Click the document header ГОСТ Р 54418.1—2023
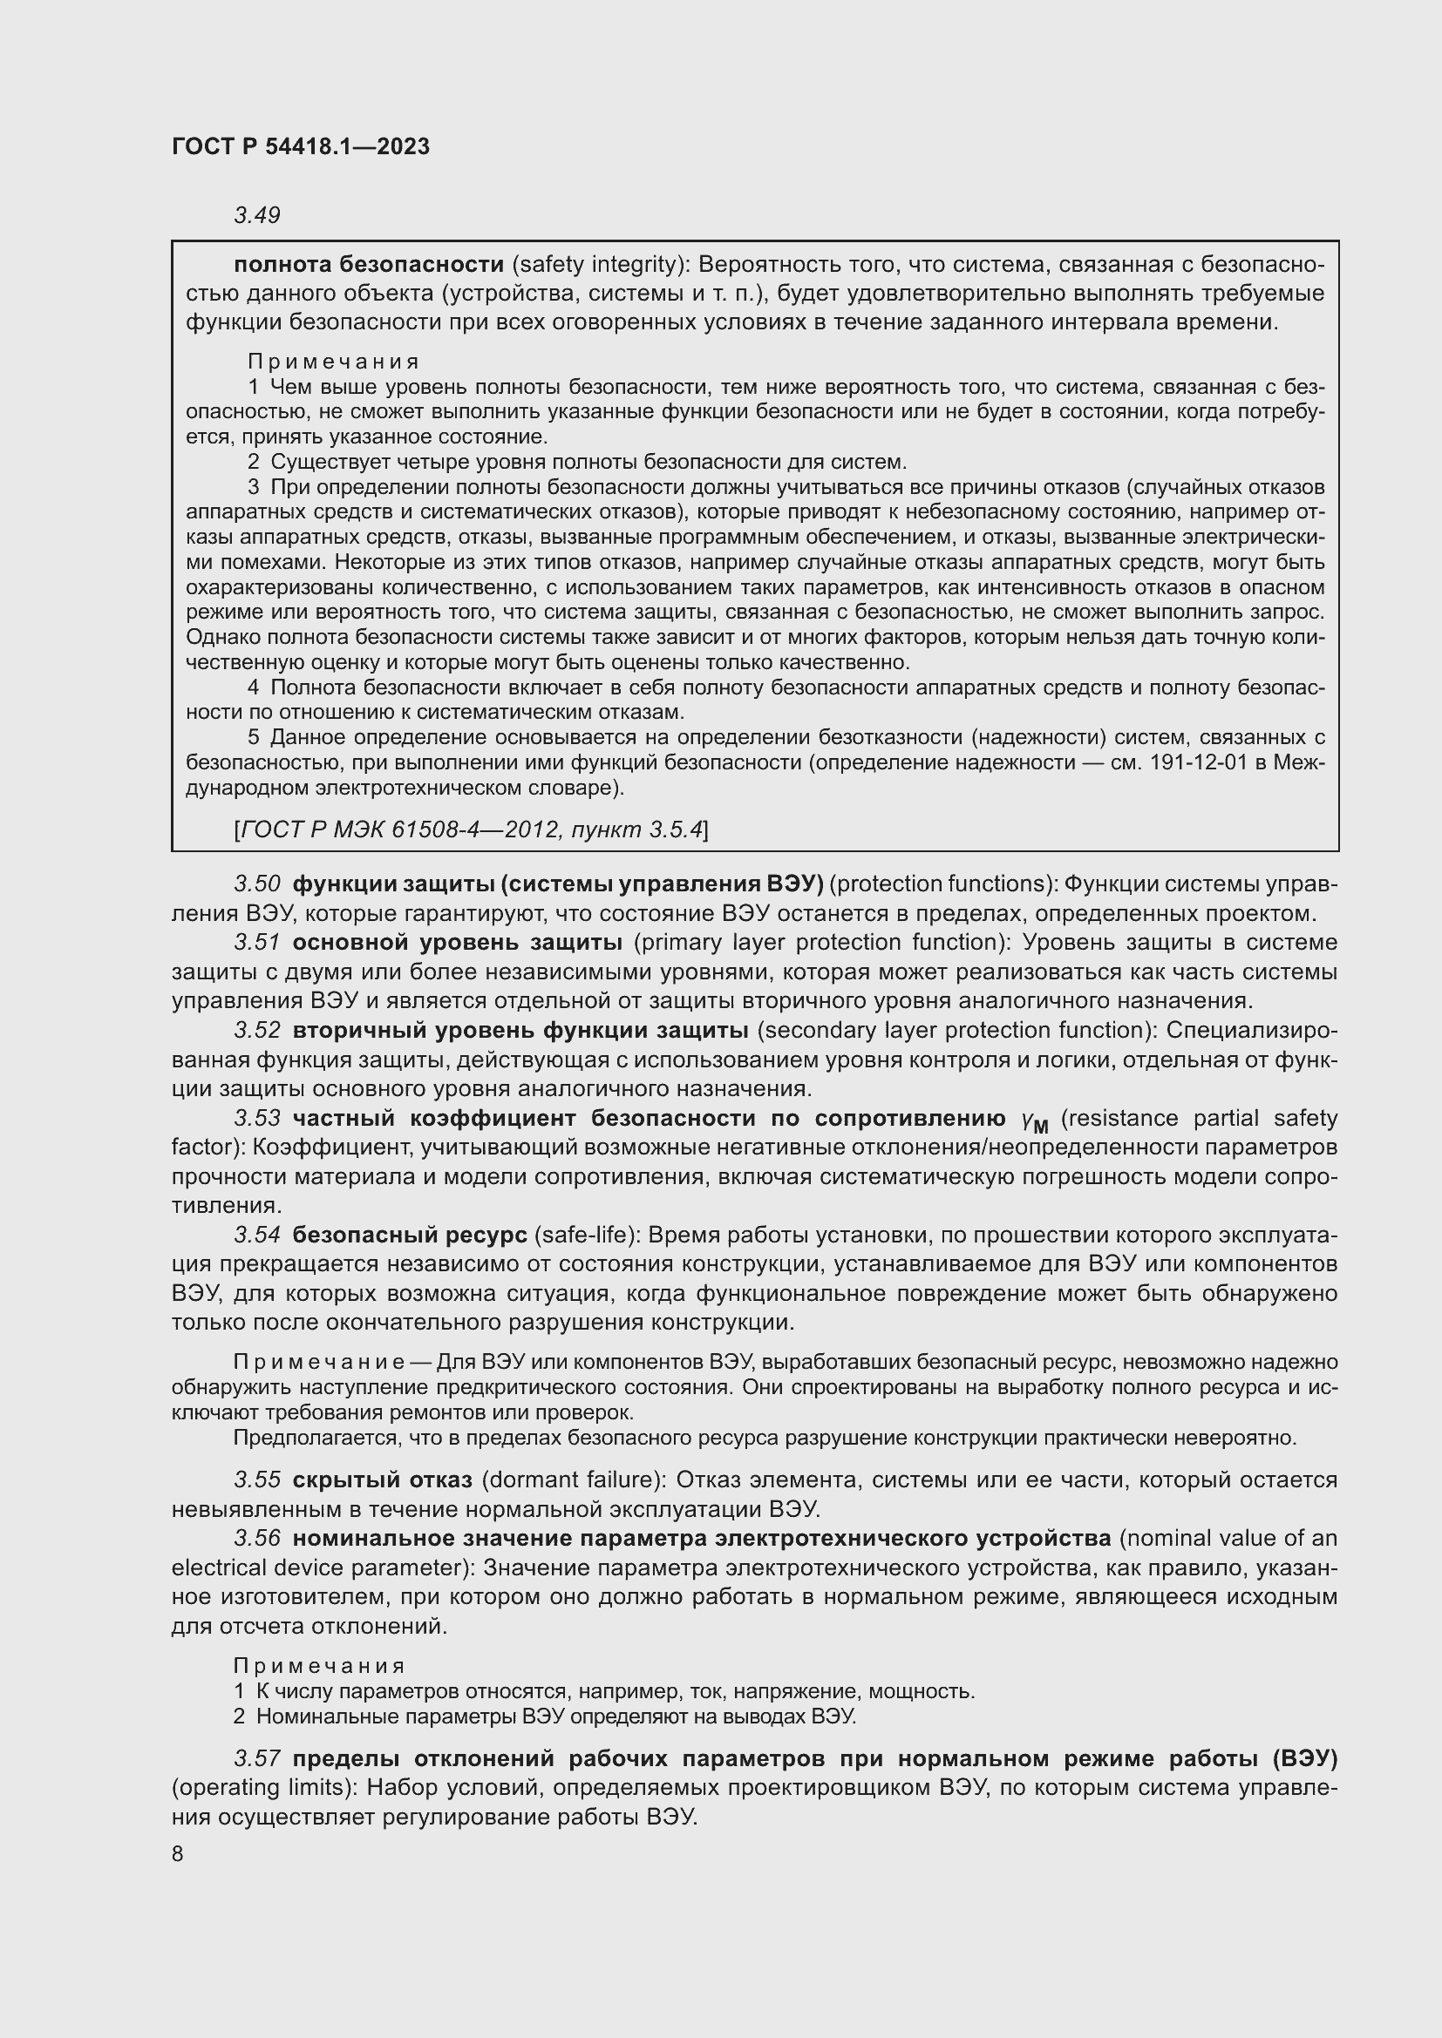(x=300, y=146)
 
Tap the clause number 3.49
(x=256, y=215)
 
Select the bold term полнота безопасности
(x=369, y=265)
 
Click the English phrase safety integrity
(x=597, y=265)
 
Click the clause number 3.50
(x=256, y=884)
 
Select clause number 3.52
(x=256, y=1030)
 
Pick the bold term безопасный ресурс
(x=410, y=1235)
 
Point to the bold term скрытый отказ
(x=382, y=1479)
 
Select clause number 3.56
(x=256, y=1538)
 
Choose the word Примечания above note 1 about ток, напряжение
(x=320, y=1666)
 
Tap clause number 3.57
(x=256, y=1758)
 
